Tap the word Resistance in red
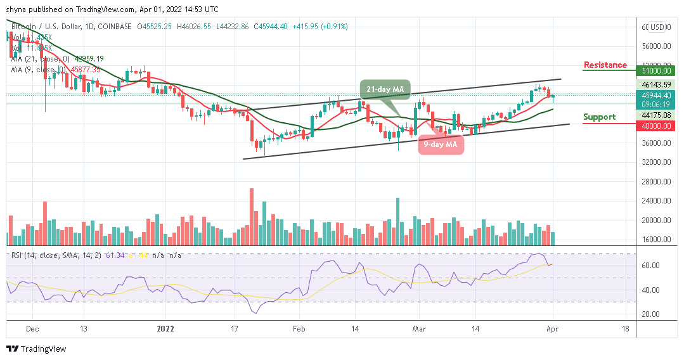[x=605, y=65]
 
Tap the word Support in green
[x=599, y=117]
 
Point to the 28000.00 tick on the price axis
[x=656, y=182]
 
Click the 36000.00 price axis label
[x=656, y=143]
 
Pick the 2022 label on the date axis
[x=165, y=330]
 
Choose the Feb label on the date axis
[x=299, y=330]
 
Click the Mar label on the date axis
[x=419, y=330]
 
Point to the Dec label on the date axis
[x=33, y=330]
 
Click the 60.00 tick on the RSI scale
[x=652, y=266]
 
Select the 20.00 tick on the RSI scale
[x=652, y=314]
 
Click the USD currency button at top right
[x=657, y=27]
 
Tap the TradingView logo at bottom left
[x=37, y=349]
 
